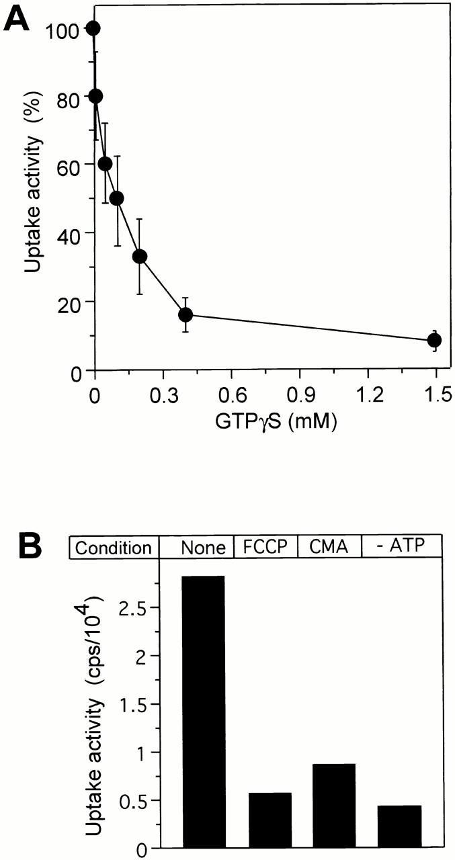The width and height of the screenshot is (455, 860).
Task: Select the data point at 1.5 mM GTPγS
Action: click(433, 340)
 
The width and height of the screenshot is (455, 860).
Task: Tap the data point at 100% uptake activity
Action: click(93, 28)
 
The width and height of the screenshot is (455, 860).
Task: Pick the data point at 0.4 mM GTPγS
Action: click(185, 314)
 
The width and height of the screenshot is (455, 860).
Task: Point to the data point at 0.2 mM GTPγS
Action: click(140, 256)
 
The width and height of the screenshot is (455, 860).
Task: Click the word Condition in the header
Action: click(113, 548)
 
